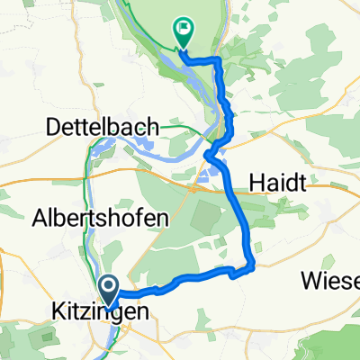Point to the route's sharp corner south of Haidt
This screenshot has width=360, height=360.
(253, 265)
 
